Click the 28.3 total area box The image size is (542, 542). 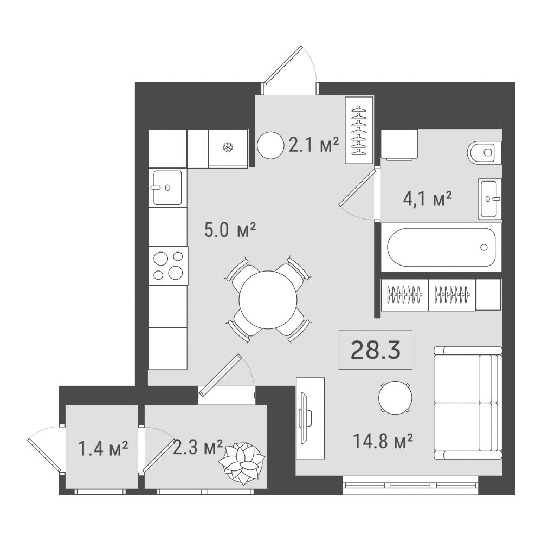tap(376, 350)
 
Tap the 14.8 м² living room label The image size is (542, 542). tap(383, 441)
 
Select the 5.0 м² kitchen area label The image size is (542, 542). tap(230, 230)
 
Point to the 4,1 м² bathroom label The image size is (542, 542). tap(427, 199)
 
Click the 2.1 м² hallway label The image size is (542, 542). tap(314, 145)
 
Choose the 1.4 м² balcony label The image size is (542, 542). tap(104, 448)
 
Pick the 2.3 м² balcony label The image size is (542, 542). tap(197, 447)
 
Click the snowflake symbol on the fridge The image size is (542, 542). tap(228, 148)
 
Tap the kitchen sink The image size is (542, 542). tap(167, 188)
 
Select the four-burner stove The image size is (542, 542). tap(169, 266)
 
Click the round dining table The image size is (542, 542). tap(268, 299)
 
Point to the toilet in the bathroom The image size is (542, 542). tap(484, 152)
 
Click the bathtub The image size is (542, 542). tap(441, 247)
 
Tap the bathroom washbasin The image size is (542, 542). tap(490, 199)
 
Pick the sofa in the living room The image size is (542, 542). tap(468, 403)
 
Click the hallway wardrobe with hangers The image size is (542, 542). tap(359, 130)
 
